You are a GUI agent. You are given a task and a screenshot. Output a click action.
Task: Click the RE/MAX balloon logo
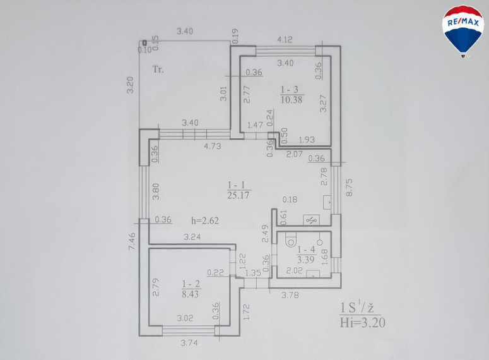tap(462, 31)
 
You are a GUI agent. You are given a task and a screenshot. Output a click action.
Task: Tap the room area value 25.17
tap(239, 195)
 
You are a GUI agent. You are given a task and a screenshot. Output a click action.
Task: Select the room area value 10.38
tap(292, 100)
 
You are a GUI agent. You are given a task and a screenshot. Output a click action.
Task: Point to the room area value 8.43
tap(190, 294)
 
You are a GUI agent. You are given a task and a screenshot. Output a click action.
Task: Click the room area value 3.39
tap(305, 260)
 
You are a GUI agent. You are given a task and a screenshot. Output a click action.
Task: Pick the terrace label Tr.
tap(158, 69)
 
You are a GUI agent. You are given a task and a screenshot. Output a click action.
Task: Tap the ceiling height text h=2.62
tap(205, 221)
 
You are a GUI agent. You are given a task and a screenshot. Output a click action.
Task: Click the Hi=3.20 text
tap(362, 322)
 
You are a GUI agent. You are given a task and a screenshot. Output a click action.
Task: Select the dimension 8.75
tap(349, 188)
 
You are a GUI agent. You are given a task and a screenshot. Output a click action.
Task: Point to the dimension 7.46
tap(132, 241)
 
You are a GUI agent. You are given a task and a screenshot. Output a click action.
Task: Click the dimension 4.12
tap(285, 40)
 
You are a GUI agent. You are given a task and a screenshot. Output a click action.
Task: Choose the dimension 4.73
tap(213, 146)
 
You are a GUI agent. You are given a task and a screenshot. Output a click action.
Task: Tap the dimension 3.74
tap(189, 343)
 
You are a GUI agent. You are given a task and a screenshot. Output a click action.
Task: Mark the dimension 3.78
tap(290, 295)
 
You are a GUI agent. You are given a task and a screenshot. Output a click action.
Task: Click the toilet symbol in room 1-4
tap(291, 241)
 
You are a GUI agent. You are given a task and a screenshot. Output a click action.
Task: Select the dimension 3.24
tap(192, 237)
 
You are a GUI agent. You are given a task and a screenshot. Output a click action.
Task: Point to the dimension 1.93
tap(307, 140)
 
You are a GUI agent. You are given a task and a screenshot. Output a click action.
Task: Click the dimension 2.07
tap(295, 153)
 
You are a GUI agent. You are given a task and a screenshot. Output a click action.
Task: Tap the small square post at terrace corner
tap(144, 43)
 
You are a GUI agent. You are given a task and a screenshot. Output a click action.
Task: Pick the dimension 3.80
tap(156, 191)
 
